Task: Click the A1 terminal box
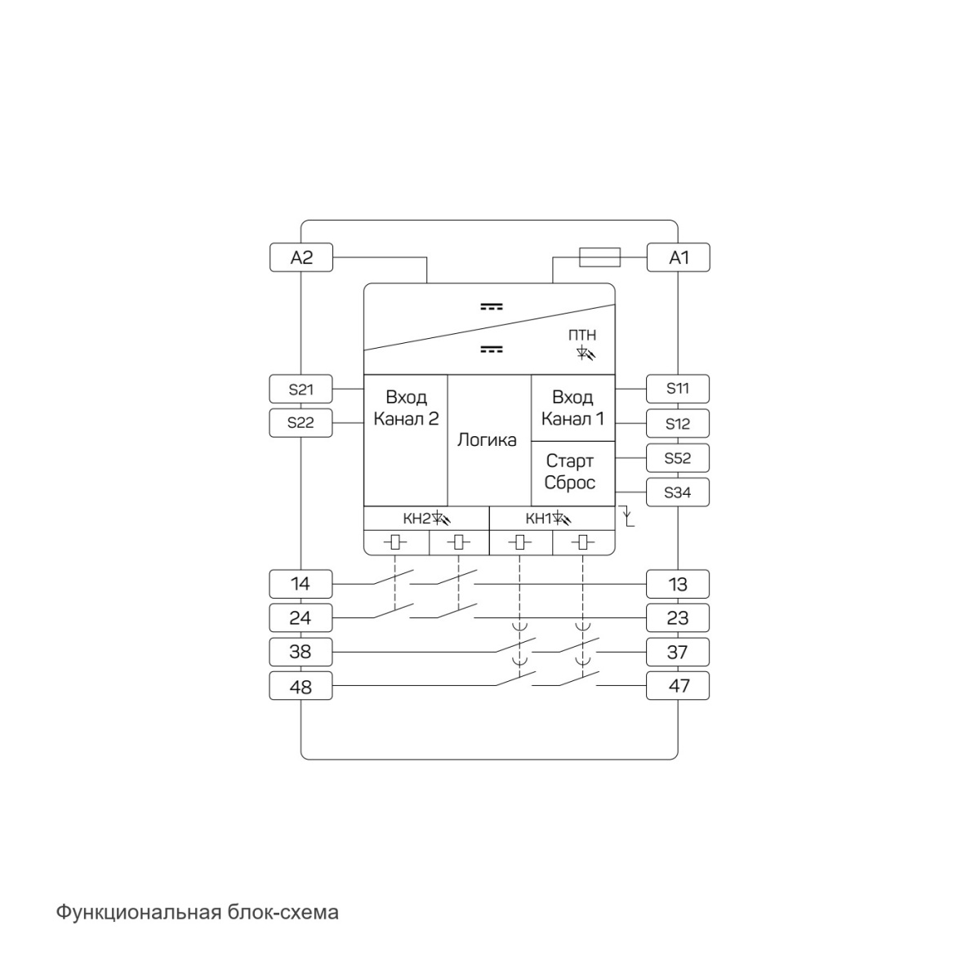(x=678, y=257)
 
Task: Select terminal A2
(x=301, y=257)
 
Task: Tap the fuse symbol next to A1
(x=599, y=257)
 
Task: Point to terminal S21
(x=301, y=389)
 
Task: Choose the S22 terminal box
(x=301, y=422)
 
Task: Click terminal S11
(x=677, y=389)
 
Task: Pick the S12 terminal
(x=677, y=423)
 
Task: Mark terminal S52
(x=677, y=457)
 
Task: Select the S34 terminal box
(x=677, y=492)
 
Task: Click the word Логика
(x=487, y=440)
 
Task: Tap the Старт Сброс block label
(x=569, y=471)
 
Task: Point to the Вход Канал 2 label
(x=406, y=408)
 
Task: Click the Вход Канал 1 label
(x=572, y=408)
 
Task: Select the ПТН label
(x=581, y=335)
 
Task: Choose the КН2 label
(x=416, y=519)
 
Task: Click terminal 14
(x=301, y=584)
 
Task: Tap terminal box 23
(x=677, y=618)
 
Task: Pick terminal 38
(x=301, y=652)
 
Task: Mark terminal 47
(x=677, y=685)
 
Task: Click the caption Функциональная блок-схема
(x=197, y=912)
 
